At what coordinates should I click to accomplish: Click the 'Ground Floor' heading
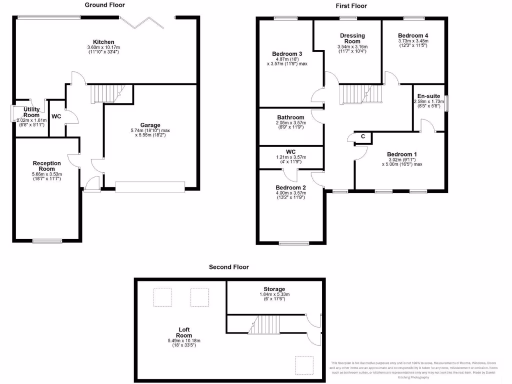(104, 5)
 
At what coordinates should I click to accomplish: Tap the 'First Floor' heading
(351, 6)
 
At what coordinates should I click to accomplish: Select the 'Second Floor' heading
(228, 267)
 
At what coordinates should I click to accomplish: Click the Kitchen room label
(103, 42)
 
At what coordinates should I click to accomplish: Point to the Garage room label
(150, 125)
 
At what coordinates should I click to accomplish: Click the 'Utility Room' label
(31, 112)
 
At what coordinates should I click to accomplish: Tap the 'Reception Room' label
(46, 166)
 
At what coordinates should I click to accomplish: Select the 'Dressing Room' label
(352, 38)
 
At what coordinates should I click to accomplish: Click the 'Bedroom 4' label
(413, 35)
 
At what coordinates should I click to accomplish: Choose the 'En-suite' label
(427, 95)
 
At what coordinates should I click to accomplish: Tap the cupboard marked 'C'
(362, 136)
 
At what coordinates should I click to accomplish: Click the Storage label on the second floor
(274, 289)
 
